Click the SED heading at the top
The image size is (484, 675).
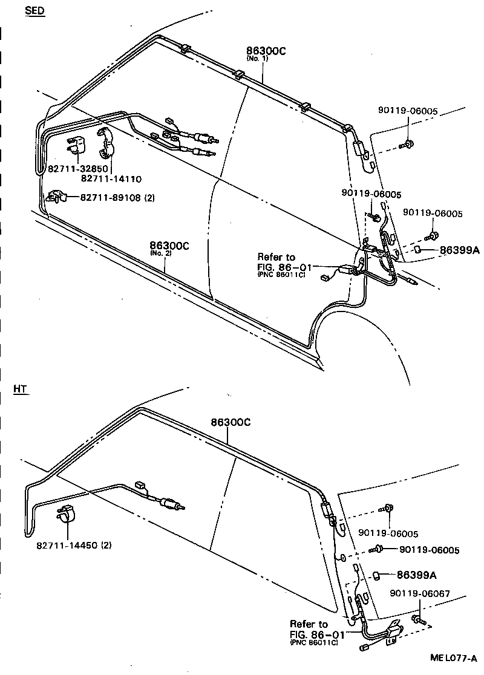(34, 11)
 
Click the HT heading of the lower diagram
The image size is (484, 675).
(21, 389)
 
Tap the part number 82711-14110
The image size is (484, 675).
(111, 178)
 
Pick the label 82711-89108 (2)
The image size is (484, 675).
(114, 197)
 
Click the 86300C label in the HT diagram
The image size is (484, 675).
(230, 422)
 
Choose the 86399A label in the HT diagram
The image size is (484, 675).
(417, 575)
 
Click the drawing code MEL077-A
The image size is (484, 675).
(454, 657)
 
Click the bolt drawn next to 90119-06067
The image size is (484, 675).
(418, 619)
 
